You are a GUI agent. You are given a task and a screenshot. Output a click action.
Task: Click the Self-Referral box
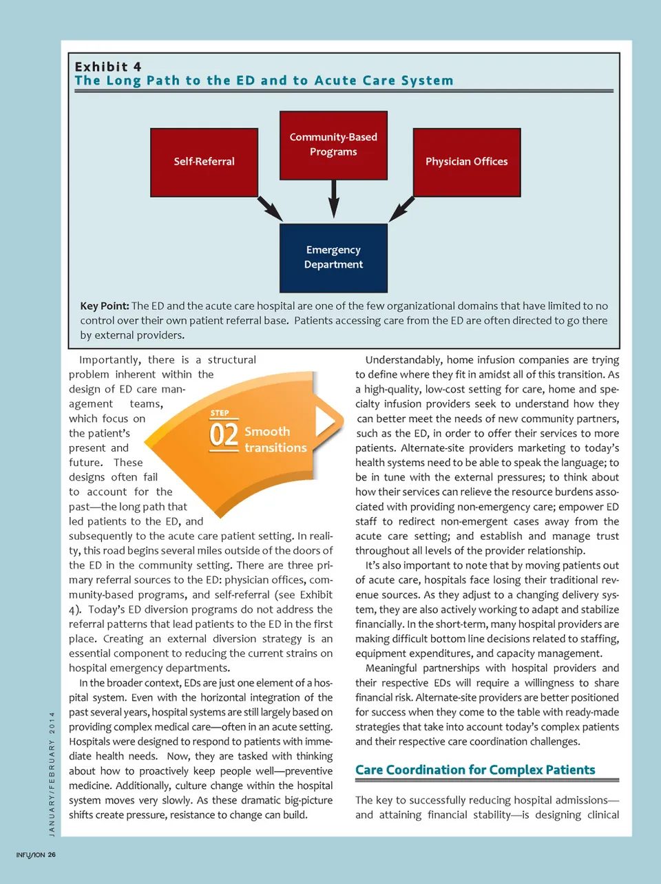click(x=204, y=162)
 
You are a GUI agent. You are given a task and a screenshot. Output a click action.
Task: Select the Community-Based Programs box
click(x=333, y=145)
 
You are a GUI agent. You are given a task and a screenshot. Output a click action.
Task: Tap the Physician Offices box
click(x=466, y=162)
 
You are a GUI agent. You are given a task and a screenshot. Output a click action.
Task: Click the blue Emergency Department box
click(x=333, y=257)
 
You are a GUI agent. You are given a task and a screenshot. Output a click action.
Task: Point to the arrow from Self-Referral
click(x=270, y=209)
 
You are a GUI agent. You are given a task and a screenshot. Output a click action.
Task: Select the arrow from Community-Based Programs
click(x=334, y=198)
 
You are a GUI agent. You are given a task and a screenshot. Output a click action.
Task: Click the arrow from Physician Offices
click(x=402, y=208)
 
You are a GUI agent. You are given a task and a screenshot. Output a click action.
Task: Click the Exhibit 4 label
click(x=108, y=67)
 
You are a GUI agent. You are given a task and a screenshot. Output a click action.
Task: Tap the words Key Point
click(x=104, y=306)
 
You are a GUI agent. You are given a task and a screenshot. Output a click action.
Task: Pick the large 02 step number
click(x=224, y=435)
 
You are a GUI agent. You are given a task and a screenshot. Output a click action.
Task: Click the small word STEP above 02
click(x=220, y=413)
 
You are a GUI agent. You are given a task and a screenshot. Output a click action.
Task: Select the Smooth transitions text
click(x=275, y=439)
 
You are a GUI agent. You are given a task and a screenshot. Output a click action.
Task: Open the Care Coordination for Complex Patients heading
click(x=475, y=770)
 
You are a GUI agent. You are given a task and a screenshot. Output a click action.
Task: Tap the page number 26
click(x=52, y=855)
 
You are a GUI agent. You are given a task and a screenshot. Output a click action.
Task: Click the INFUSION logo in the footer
click(x=30, y=855)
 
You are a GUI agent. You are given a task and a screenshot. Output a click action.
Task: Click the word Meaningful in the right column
click(x=391, y=668)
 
